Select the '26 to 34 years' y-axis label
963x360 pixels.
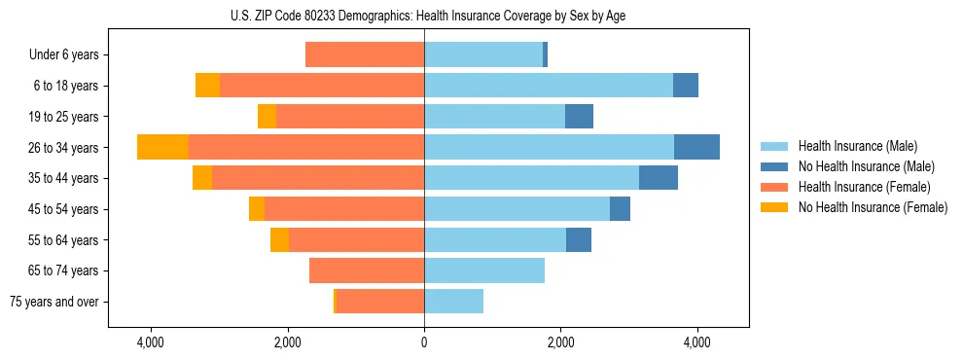64,148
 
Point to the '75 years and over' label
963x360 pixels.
54,302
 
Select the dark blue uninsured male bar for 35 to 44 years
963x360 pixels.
659,178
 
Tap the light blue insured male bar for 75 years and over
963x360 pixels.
453,302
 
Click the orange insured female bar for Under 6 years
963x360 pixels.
365,54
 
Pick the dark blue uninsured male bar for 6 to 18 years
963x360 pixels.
686,86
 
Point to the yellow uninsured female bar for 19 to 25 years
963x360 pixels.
267,117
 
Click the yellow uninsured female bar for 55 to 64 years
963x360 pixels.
279,239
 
